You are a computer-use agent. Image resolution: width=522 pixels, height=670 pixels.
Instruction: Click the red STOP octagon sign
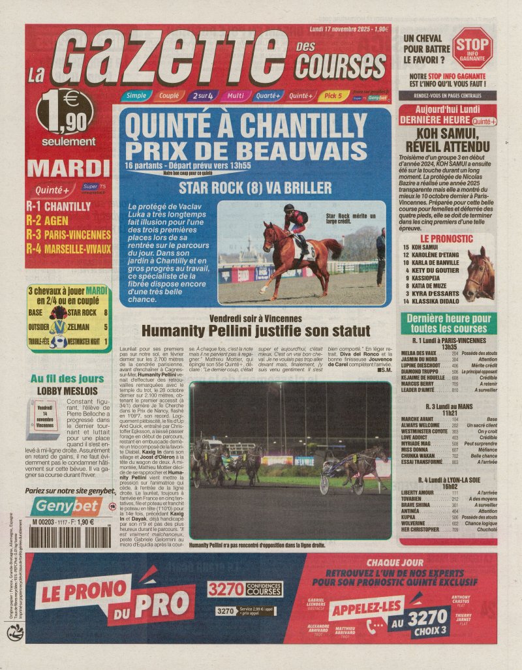472,48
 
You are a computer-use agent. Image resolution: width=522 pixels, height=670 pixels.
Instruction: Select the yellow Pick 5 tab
333,96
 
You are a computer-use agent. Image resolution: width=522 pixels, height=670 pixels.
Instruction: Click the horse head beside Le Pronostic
480,273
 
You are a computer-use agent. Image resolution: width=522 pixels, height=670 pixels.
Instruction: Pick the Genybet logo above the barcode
67,506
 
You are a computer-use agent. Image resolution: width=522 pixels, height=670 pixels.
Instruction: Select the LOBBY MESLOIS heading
67,391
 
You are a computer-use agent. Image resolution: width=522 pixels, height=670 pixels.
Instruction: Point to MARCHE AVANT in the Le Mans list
418,419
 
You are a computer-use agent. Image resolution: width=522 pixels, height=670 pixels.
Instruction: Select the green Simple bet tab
136,96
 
